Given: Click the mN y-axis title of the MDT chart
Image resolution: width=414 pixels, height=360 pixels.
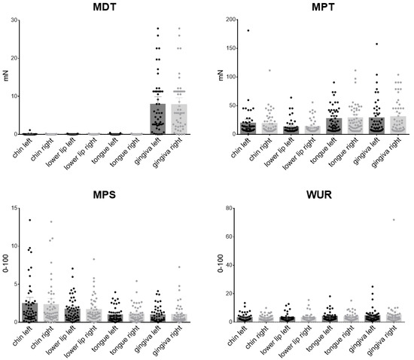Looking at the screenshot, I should pos(5,77).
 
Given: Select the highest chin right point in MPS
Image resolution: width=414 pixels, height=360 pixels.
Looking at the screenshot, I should pos(51,221).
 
